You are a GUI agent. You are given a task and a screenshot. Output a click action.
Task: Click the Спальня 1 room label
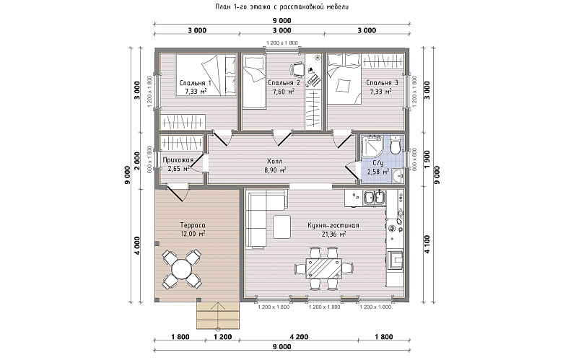[x=196, y=83]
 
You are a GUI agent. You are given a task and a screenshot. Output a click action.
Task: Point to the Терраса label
[x=193, y=225]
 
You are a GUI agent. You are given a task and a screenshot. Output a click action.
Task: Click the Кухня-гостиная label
[x=333, y=225]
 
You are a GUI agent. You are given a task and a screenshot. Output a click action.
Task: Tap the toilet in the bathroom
[x=395, y=144]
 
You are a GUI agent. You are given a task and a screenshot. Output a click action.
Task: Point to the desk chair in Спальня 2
[x=297, y=69]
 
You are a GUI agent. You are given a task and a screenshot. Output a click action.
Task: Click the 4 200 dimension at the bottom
[x=299, y=337]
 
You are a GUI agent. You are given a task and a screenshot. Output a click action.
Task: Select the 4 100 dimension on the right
[x=427, y=244]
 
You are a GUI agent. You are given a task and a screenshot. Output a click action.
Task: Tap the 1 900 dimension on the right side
[x=427, y=159]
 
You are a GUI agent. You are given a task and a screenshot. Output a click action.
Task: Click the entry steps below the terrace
[x=217, y=315]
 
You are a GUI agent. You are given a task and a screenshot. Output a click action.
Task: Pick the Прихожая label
[x=178, y=160]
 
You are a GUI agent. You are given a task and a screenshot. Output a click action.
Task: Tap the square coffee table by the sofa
[x=281, y=227]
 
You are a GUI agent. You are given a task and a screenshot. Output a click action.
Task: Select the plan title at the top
[x=281, y=6]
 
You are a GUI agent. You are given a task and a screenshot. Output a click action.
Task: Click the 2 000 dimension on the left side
[x=136, y=160]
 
